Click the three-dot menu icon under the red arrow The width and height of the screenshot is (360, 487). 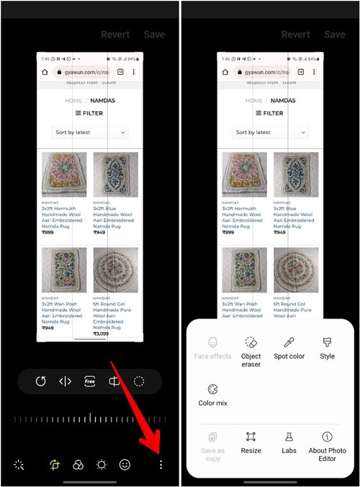[161, 465]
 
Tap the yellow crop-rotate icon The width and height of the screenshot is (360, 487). [55, 465]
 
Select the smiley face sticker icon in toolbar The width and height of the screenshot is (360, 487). [125, 465]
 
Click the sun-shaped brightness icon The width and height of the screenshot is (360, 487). [102, 465]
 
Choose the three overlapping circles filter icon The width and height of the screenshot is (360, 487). [78, 465]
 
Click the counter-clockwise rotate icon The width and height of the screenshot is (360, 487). [41, 382]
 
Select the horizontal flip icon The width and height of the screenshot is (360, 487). [66, 382]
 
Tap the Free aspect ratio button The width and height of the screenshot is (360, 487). [89, 382]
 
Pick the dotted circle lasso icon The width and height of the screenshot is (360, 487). [138, 382]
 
